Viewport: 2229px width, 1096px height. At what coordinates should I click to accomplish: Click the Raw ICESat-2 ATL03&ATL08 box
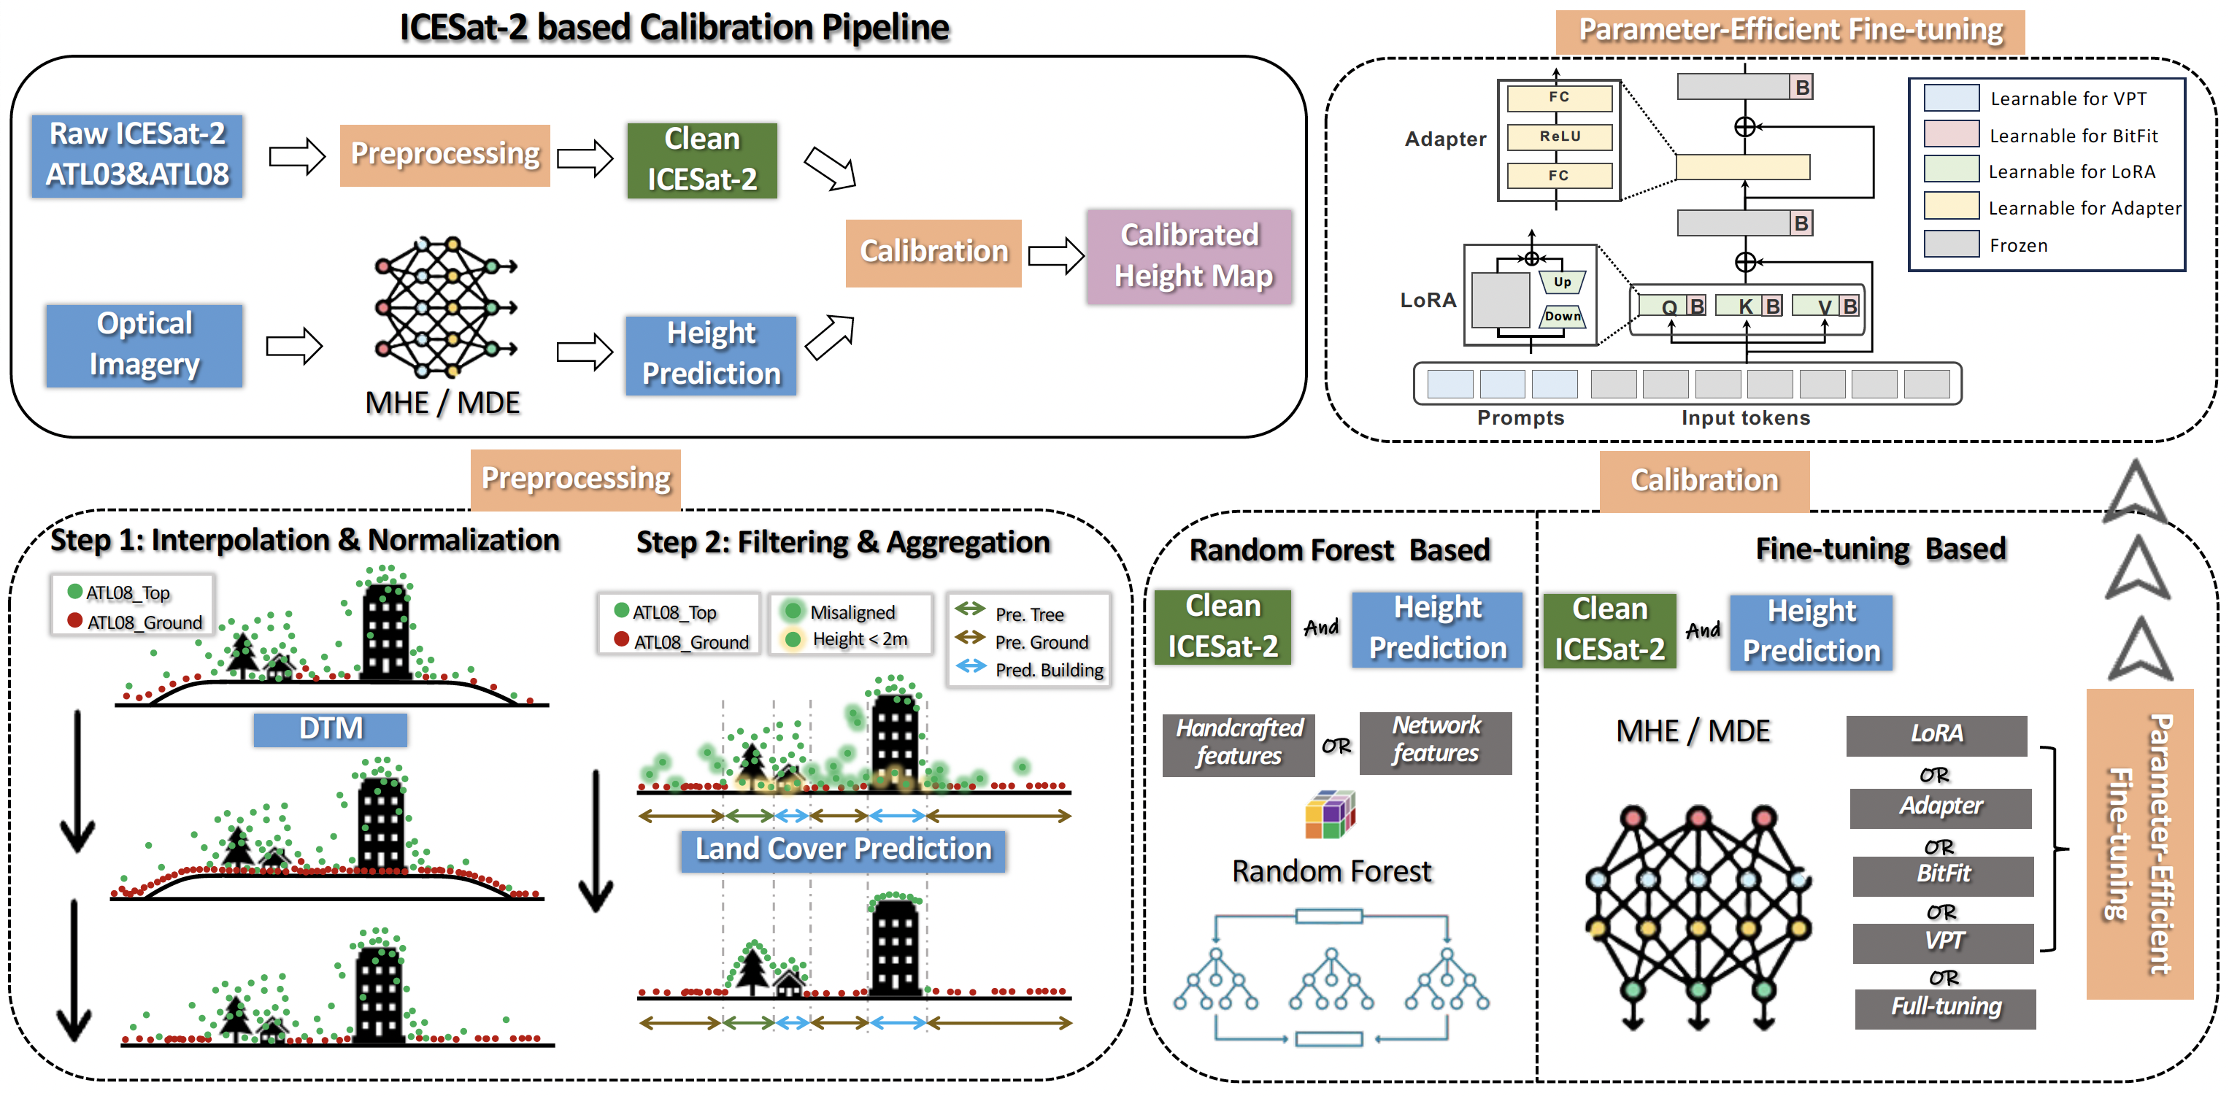tap(136, 155)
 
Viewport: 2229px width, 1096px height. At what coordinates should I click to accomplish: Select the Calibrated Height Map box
tap(1190, 256)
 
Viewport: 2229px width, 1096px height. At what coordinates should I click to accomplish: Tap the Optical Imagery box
tap(145, 345)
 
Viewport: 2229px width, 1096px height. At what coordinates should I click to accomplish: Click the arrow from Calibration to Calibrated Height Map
tap(1055, 255)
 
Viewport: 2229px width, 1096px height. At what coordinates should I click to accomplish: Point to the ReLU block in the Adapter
tap(1559, 136)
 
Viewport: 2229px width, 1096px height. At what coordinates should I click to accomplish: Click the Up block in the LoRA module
tap(1562, 282)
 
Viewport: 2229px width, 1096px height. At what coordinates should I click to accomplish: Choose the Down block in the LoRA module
tap(1562, 317)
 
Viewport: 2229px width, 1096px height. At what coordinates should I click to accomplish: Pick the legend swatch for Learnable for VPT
tap(1951, 98)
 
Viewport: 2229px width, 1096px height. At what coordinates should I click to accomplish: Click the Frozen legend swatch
tap(1951, 244)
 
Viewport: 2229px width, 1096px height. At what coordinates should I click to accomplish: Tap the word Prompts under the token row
tap(1520, 418)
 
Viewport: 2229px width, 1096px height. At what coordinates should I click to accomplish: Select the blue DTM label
tap(331, 729)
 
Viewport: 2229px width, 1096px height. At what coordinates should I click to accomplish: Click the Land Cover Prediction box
tap(843, 849)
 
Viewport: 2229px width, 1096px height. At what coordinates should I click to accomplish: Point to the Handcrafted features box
tap(1239, 743)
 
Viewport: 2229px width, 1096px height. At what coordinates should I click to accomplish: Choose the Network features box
tap(1436, 741)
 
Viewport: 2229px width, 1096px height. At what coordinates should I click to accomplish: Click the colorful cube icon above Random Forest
tap(1330, 815)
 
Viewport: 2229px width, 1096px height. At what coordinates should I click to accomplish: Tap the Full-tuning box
tap(1945, 1008)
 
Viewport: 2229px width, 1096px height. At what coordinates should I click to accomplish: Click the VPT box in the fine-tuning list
tap(1943, 941)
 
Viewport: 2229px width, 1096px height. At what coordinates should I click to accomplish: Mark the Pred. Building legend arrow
tap(971, 667)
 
